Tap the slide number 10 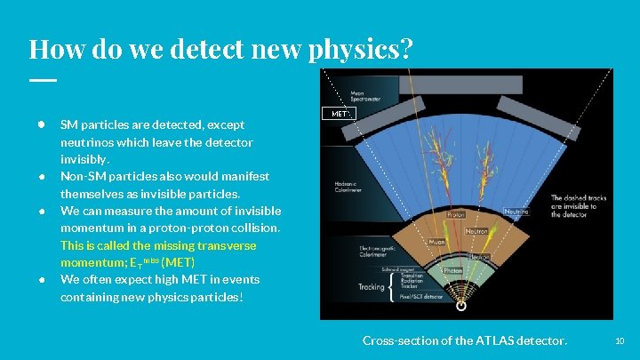click(620, 340)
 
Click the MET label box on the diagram click(342, 114)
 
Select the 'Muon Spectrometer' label click(364, 96)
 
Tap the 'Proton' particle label click(455, 214)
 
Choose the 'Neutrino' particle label click(516, 212)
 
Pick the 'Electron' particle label click(479, 257)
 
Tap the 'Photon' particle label click(453, 270)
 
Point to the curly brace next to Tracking click(392, 286)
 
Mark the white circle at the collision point click(460, 306)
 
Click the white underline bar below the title click(42, 79)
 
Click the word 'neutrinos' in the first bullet click(87, 142)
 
